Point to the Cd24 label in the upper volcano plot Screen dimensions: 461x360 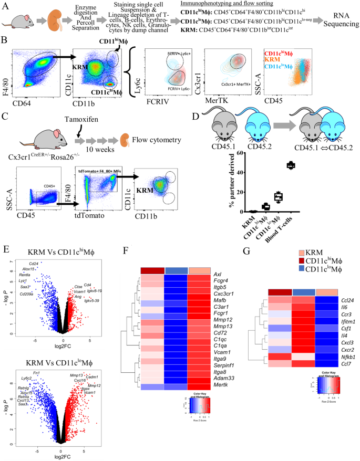(33, 263)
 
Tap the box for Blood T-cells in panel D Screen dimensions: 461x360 (289, 165)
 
